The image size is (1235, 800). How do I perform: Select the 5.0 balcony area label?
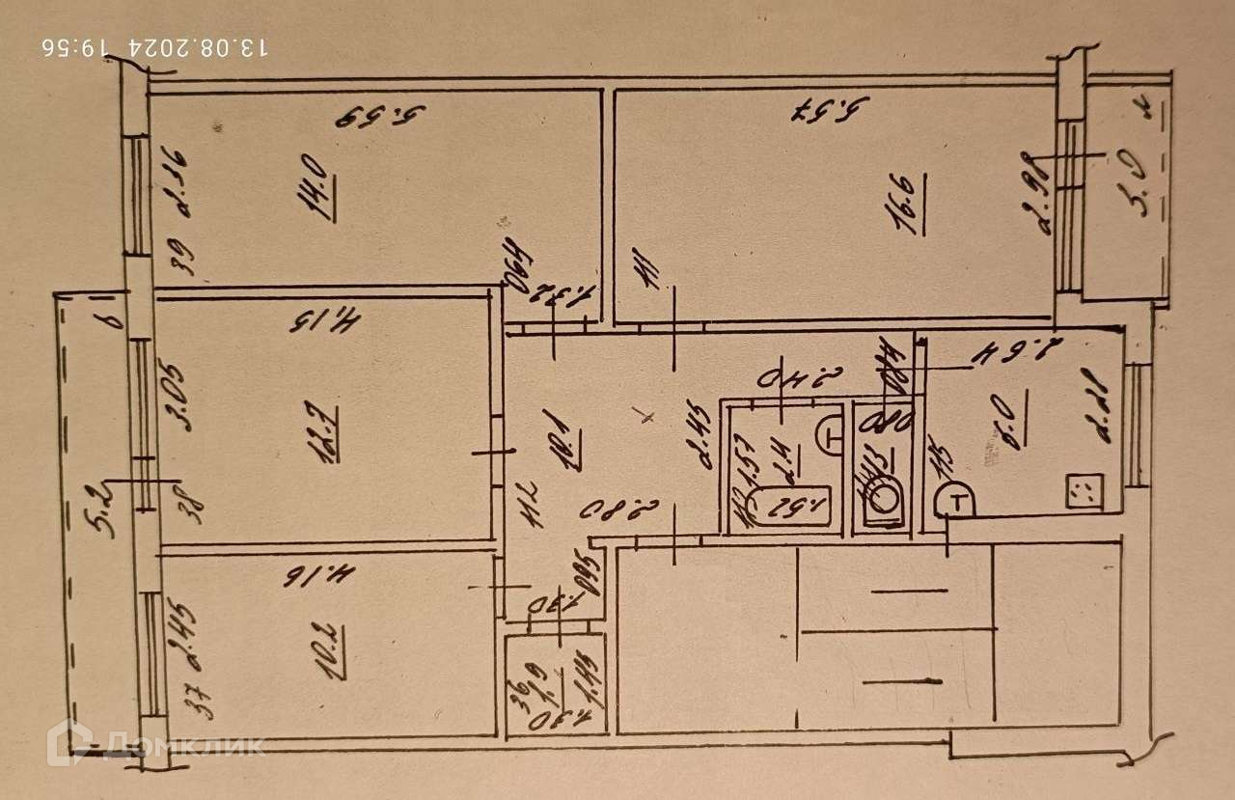(1139, 193)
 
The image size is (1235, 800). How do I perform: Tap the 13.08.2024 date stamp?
(155, 45)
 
